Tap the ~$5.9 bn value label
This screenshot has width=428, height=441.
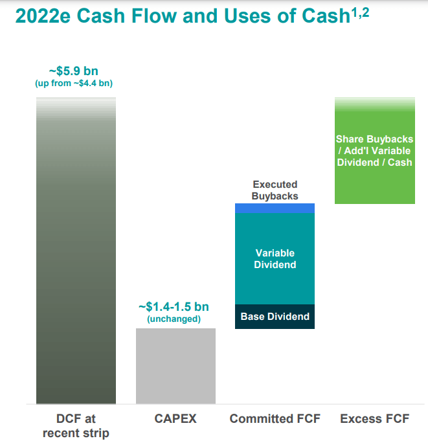point(74,71)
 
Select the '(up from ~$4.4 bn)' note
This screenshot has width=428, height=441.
point(74,84)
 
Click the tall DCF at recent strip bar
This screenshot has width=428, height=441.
point(76,251)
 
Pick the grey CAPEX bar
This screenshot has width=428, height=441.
point(175,366)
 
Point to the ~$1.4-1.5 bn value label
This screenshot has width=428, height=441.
point(174,306)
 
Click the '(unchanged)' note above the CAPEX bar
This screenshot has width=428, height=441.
point(174,319)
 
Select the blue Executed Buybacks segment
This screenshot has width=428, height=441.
point(275,208)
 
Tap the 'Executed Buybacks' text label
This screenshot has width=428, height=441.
point(275,190)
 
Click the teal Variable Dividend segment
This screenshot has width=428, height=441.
point(275,259)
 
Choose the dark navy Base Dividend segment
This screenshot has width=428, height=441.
point(275,317)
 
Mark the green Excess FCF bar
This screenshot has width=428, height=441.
point(375,150)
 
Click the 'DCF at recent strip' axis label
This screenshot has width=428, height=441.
point(76,426)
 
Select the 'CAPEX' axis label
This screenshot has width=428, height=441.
point(175,418)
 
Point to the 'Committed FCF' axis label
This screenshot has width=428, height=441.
point(275,418)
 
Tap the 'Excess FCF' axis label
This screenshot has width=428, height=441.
point(374,418)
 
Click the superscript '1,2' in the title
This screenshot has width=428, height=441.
point(360,13)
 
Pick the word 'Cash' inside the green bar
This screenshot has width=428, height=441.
point(400,163)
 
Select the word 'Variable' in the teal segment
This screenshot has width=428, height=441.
point(275,253)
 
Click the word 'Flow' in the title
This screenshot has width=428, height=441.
point(154,16)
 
